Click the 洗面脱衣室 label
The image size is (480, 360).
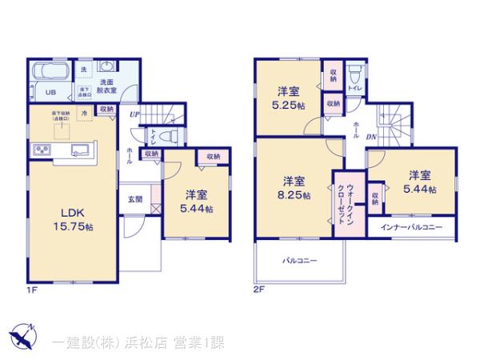pos(108,86)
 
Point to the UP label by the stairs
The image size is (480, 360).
pos(135,114)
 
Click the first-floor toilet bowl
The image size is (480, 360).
pos(169,137)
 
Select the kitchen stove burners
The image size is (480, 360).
pos(40,150)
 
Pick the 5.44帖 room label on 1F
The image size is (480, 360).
pos(196,202)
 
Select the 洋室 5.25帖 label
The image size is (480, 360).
pos(287,98)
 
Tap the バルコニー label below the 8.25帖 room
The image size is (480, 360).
pos(298,261)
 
